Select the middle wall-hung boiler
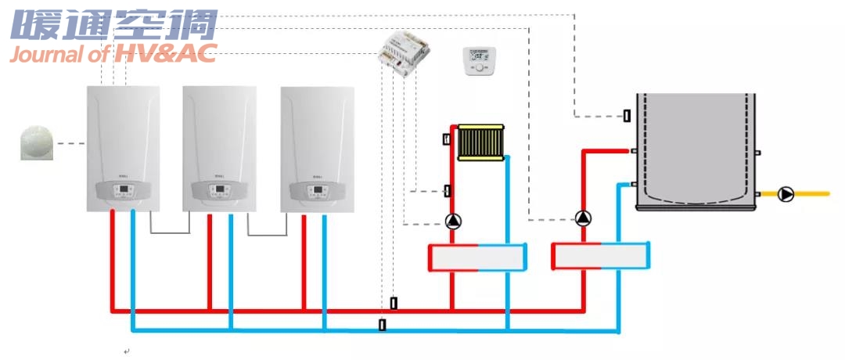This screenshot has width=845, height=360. coord(220,148)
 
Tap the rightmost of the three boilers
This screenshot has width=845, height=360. coord(317,148)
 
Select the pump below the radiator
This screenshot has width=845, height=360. coord(453,221)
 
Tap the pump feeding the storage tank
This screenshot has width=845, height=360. coord(583,218)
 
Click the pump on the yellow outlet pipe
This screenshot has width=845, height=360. coord(786,194)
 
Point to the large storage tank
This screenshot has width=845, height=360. coord(696,151)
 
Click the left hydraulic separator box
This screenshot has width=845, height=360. coord(477,257)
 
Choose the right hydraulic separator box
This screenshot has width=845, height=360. coord(601,256)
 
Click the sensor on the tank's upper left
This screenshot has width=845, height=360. coord(627,116)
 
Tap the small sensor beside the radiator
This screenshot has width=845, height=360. coord(447,139)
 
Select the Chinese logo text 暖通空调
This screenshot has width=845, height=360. coord(114,25)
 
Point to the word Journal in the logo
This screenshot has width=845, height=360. coord(45,54)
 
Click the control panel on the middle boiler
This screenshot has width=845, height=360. coord(220,191)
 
